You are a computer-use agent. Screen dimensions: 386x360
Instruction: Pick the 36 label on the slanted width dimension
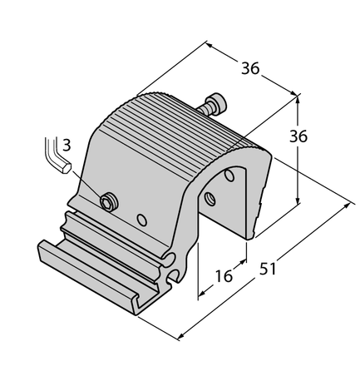249,69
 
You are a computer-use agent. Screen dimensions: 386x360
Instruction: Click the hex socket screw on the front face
106,200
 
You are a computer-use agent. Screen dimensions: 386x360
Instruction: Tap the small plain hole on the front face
142,220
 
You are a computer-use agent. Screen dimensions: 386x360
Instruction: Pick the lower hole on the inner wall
210,198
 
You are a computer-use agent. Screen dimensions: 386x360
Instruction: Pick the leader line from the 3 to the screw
88,186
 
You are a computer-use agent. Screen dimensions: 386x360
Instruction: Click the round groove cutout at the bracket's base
173,271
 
